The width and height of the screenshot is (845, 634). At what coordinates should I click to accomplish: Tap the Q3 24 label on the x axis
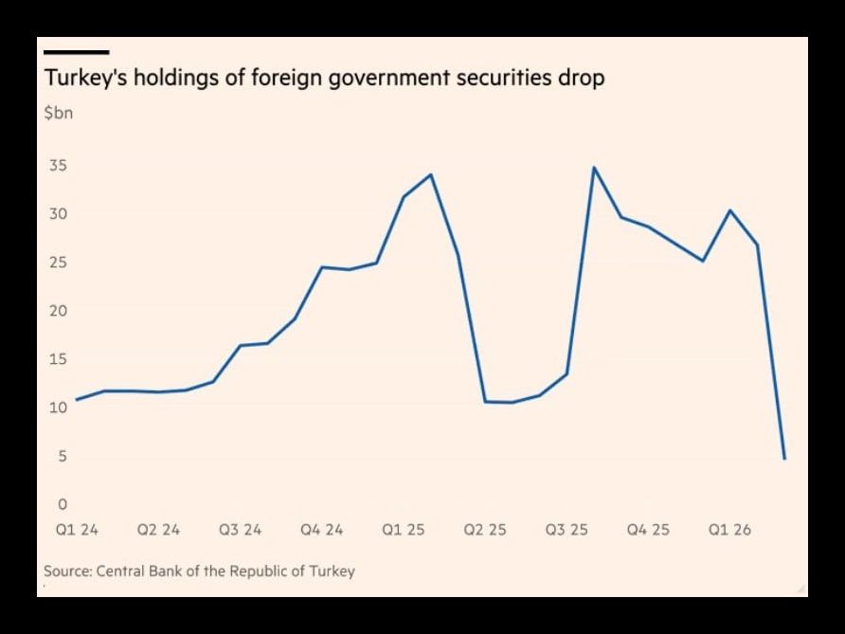click(x=240, y=530)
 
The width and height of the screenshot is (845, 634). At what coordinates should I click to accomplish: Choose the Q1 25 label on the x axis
click(x=403, y=530)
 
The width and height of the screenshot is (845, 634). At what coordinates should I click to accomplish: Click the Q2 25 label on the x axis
click(x=484, y=530)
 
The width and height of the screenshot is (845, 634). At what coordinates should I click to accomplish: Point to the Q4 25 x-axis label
click(x=648, y=530)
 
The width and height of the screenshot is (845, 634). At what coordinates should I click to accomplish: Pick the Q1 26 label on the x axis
click(x=729, y=530)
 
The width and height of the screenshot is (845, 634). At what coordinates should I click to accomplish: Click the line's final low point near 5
click(x=785, y=459)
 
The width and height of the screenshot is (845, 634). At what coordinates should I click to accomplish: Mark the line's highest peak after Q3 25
click(x=594, y=168)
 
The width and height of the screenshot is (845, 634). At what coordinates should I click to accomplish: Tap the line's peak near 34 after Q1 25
click(x=431, y=174)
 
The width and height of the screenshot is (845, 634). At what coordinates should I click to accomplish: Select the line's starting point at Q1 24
click(x=76, y=399)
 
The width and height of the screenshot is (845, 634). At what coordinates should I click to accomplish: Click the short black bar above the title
click(x=77, y=52)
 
